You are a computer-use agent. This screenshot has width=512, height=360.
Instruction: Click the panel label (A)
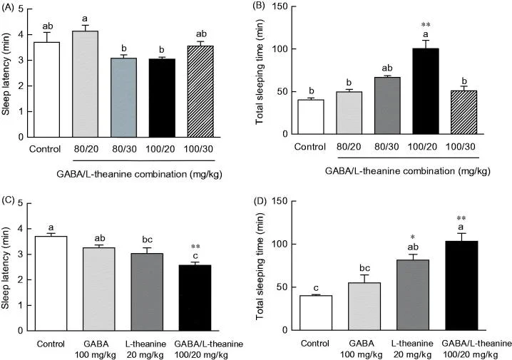tap(12, 9)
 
